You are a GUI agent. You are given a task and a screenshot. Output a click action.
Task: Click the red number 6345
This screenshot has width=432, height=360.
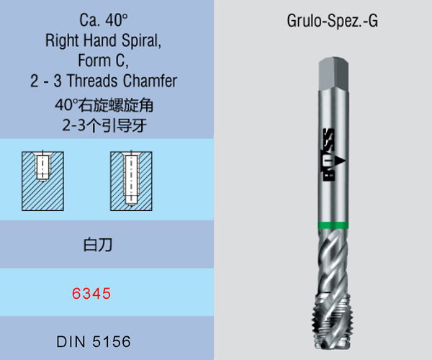[x=91, y=293]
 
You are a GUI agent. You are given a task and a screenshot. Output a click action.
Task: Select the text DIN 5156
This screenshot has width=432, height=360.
[x=94, y=340]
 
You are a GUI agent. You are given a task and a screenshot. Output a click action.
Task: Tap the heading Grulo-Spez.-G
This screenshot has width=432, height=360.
[x=333, y=21]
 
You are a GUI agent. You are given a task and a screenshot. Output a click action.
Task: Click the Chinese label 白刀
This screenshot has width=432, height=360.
[x=94, y=245]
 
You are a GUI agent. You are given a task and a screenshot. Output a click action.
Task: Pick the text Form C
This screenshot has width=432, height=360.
[x=105, y=60]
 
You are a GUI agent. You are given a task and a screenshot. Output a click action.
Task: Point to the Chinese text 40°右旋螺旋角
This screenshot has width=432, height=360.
[x=105, y=105]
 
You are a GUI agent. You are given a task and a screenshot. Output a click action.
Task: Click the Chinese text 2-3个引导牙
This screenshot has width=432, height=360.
[x=105, y=124]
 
